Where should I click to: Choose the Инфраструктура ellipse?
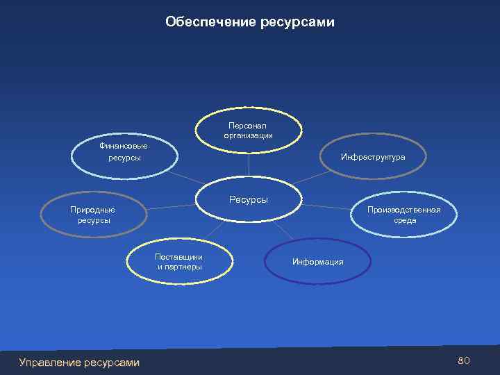tap(373, 158)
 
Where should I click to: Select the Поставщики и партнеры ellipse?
tap(179, 261)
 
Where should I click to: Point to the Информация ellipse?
tap(317, 262)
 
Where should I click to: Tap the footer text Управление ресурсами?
tap(79, 362)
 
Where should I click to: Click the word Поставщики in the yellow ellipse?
tap(179, 256)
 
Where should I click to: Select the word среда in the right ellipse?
tap(405, 220)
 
